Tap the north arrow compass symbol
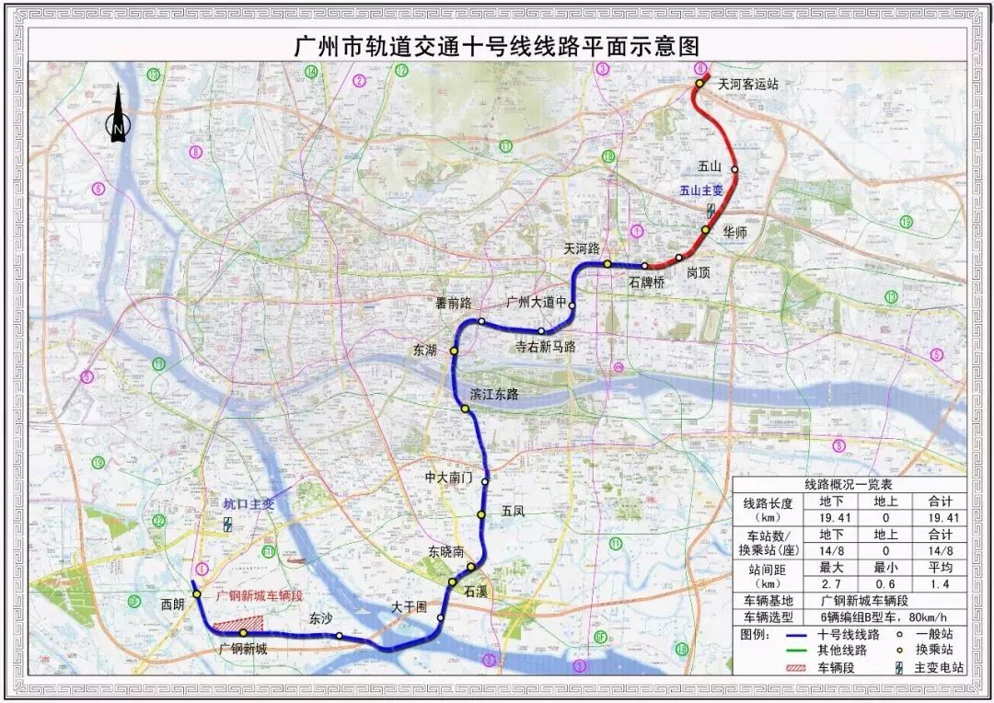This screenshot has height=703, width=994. pos(119,117)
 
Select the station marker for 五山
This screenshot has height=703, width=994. pos(734,169)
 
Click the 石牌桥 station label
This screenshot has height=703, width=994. pos(646,282)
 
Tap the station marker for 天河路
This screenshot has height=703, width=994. pos(607,264)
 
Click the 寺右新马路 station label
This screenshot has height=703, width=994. pos(545,347)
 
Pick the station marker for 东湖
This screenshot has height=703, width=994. pos(454,351)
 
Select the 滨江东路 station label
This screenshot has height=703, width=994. pos(495,394)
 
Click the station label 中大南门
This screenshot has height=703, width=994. pos(448,478)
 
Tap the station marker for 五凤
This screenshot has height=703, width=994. pos(480,514)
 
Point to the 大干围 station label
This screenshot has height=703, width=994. pos(410,607)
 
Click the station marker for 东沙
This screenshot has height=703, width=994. pos(340,636)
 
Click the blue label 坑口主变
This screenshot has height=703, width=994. pos(248,504)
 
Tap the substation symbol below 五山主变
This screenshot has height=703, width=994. pos(711,209)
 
